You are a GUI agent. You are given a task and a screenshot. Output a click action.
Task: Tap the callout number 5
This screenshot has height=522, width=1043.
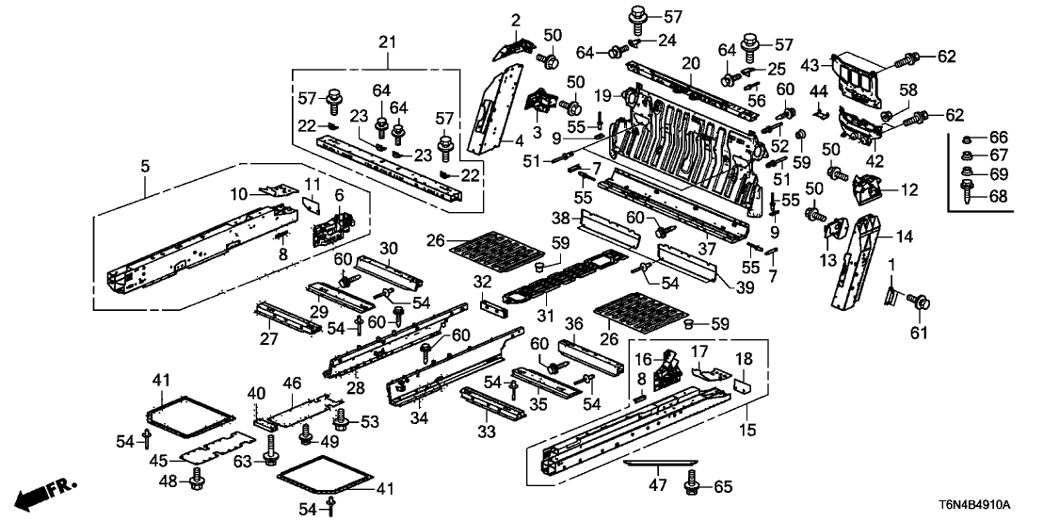[x=145, y=167]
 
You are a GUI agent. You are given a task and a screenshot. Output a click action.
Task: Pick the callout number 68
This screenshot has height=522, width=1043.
[x=999, y=196]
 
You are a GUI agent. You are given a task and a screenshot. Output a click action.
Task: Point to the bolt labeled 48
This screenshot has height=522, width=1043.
[x=197, y=482]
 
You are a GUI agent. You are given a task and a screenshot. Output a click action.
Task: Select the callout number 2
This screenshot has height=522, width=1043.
[x=516, y=20]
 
